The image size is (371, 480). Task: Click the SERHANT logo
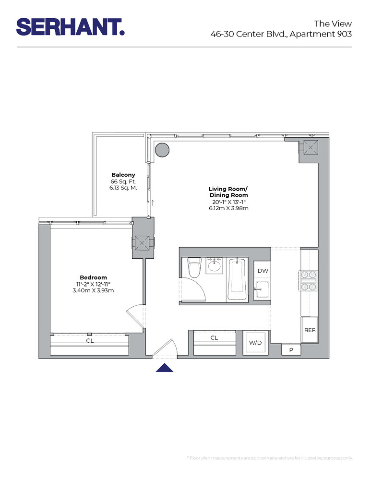point(70,27)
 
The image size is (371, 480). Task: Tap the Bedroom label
point(93,277)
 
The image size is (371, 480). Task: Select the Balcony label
point(123,175)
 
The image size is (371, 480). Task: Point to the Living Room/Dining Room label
point(228,192)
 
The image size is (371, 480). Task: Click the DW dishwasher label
point(263,271)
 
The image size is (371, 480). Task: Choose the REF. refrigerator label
point(310,331)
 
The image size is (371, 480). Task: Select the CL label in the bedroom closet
point(90,340)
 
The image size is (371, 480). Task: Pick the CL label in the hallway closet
point(214,338)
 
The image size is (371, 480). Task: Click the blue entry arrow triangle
point(165,368)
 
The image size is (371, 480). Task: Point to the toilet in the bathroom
point(194,268)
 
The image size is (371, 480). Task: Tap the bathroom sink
point(215,265)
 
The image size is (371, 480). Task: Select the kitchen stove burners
point(309,281)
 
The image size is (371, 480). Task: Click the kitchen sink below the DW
point(262,290)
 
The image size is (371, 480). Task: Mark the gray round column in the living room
point(162,150)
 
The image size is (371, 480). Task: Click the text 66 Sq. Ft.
point(123,182)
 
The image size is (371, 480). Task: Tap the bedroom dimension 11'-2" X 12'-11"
point(93,284)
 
